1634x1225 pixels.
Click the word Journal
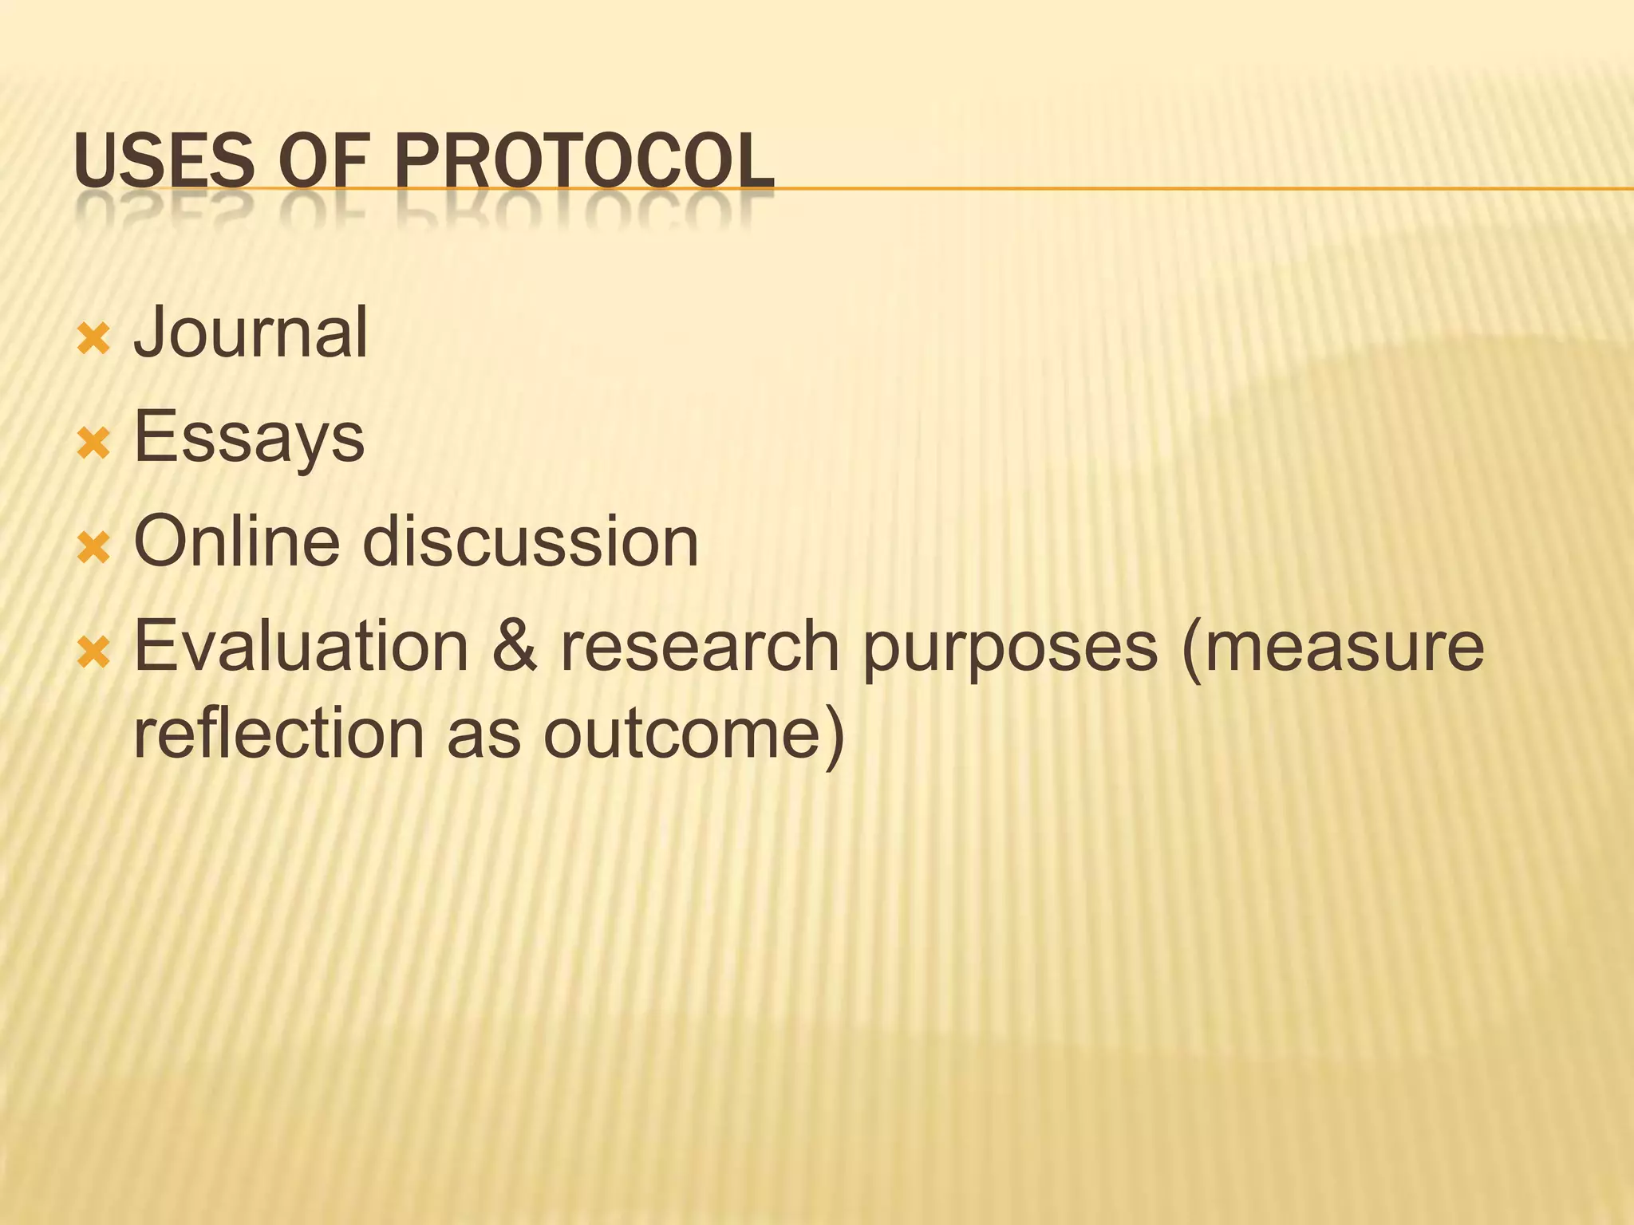coord(251,333)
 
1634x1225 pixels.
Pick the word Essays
coord(249,438)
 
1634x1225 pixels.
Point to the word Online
coord(236,542)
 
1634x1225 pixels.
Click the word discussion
coord(531,542)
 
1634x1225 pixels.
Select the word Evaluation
coord(301,646)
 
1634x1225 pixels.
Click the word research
coord(699,646)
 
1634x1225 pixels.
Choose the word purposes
coord(1010,648)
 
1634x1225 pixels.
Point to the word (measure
coord(1333,646)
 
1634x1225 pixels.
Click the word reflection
coord(278,733)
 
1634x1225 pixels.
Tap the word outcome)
coord(693,735)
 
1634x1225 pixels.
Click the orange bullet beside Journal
coord(93,340)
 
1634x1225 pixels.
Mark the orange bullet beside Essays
coord(93,444)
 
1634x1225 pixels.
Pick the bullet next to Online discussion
coord(93,549)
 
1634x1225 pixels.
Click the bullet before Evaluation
coord(93,653)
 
